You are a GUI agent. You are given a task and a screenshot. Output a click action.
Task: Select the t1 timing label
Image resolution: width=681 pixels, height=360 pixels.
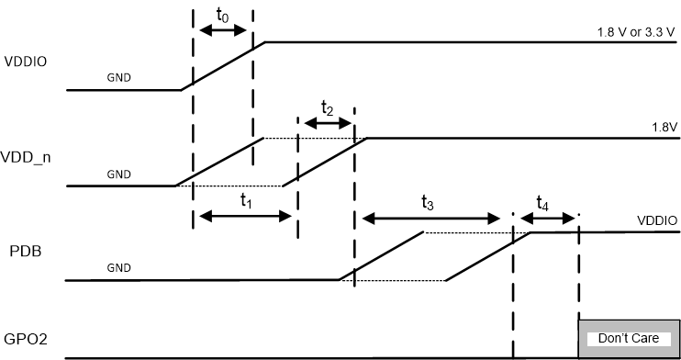(x=245, y=200)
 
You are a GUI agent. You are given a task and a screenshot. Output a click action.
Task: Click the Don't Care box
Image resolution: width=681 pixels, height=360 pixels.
(x=628, y=338)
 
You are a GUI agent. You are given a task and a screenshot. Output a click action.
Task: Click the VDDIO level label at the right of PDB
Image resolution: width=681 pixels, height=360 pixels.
(x=657, y=221)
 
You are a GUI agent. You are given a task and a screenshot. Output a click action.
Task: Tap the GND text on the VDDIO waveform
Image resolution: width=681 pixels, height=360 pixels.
(x=119, y=77)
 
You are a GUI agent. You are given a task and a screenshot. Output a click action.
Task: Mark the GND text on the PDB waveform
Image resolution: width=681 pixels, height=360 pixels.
(x=119, y=267)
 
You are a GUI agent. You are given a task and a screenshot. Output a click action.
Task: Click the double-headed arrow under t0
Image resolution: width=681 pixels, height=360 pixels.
(x=223, y=30)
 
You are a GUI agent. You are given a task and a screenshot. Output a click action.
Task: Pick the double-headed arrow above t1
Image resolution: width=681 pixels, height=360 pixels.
(x=245, y=217)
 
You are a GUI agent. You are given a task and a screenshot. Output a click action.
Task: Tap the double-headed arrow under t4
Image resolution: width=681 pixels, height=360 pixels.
(x=547, y=219)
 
